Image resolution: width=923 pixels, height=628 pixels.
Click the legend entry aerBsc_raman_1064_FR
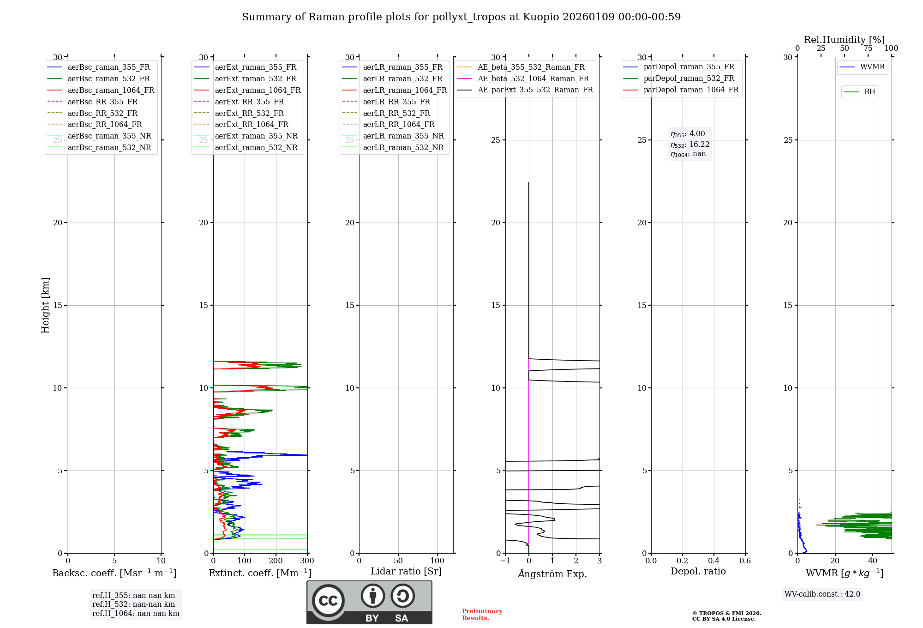(x=111, y=91)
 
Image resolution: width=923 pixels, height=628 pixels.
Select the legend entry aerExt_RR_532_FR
(x=249, y=113)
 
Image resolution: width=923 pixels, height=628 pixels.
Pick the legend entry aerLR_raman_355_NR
(x=403, y=136)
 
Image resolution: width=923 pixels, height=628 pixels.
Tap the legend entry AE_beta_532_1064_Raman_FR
(x=533, y=78)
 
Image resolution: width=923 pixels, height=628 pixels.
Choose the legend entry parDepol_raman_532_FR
(x=689, y=78)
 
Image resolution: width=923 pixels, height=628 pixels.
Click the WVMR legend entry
(x=872, y=67)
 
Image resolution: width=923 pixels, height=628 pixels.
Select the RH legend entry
(x=869, y=92)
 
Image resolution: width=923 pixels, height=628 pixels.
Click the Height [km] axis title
(x=45, y=305)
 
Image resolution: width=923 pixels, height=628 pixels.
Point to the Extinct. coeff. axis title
(x=260, y=573)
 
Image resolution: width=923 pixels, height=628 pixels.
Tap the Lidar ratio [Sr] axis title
(x=406, y=571)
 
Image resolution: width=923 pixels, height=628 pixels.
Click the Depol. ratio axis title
(x=698, y=571)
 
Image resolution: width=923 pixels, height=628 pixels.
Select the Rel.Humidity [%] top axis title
(x=844, y=40)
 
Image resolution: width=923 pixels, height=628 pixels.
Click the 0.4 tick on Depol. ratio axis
(x=713, y=561)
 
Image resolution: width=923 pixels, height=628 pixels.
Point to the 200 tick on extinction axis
(x=276, y=561)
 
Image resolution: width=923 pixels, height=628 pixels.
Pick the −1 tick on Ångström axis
(x=505, y=561)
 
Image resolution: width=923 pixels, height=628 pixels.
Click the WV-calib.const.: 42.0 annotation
(x=822, y=594)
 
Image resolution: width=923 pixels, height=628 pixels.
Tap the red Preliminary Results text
(x=482, y=615)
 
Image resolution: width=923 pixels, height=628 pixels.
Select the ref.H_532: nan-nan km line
(x=133, y=604)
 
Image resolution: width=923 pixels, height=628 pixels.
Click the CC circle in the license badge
(x=328, y=600)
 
